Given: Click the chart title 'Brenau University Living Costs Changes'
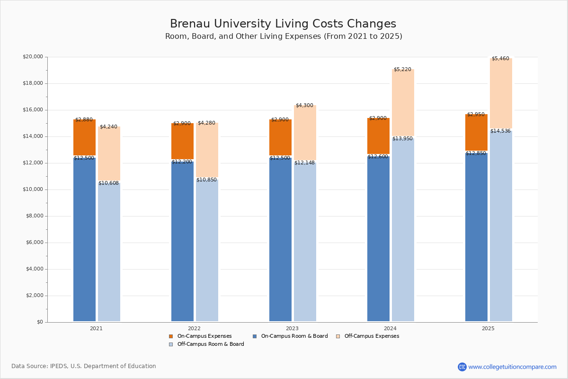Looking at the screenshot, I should point(283,24).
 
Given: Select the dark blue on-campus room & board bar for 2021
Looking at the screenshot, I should point(84,239).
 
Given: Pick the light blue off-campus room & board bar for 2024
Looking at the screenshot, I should point(403,230).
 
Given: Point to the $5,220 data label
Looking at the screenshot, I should point(402,69).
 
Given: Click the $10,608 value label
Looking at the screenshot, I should point(108,183).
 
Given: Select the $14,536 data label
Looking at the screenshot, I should point(500,131).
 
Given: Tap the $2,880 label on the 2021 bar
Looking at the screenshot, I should point(84,119).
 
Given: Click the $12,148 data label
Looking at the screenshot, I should point(304,162).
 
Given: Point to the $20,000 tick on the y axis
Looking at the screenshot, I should point(33,57).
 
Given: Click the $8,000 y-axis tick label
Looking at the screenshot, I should point(34,216).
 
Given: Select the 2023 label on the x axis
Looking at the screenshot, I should point(292,328).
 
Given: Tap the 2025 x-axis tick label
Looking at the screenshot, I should point(488,328).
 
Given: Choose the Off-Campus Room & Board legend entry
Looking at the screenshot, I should point(210,344).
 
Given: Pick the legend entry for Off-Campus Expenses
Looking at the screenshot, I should point(371,336).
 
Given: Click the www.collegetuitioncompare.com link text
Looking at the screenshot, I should point(512,367).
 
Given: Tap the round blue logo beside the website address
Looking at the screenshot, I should point(462,367).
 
